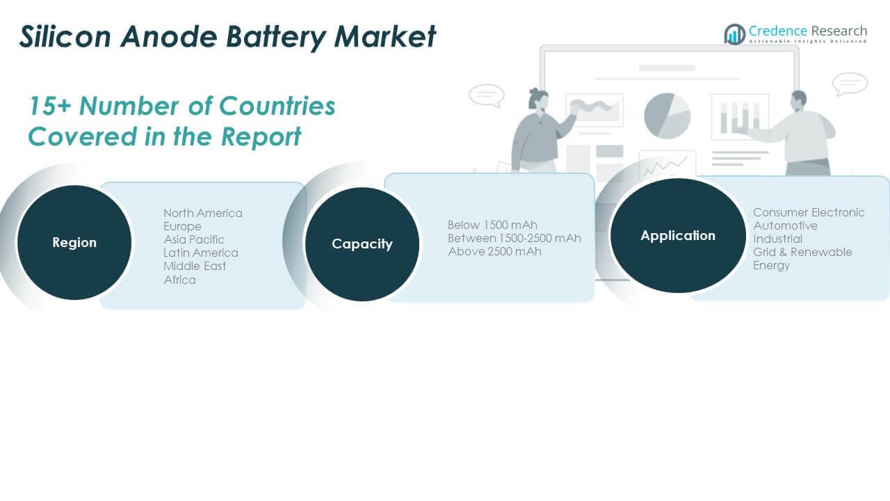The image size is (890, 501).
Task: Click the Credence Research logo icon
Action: pyautogui.click(x=735, y=34)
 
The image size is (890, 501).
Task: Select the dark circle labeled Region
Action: pyautogui.click(x=74, y=242)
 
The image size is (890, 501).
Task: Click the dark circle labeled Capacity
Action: pyautogui.click(x=362, y=244)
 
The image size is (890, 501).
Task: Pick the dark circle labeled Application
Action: pyautogui.click(x=678, y=235)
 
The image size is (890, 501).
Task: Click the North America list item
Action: pyautogui.click(x=203, y=213)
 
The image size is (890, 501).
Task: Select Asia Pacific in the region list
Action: pyautogui.click(x=194, y=239)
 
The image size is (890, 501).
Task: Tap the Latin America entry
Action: pyautogui.click(x=201, y=253)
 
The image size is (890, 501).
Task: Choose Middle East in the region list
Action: pyautogui.click(x=195, y=266)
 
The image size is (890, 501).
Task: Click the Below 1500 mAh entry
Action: pyautogui.click(x=492, y=225)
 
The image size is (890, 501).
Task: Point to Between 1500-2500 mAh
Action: pyautogui.click(x=515, y=238)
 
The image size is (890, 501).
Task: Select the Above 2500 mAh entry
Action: pyautogui.click(x=494, y=251)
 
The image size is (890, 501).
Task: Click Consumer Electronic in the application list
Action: pyautogui.click(x=809, y=212)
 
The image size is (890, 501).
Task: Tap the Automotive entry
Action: pyautogui.click(x=785, y=225)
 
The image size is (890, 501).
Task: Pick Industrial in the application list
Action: pyautogui.click(x=777, y=239)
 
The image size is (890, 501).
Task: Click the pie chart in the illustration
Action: pyautogui.click(x=667, y=116)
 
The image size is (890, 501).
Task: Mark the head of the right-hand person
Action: pyautogui.click(x=798, y=100)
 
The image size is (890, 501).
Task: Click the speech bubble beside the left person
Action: pyautogui.click(x=486, y=95)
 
